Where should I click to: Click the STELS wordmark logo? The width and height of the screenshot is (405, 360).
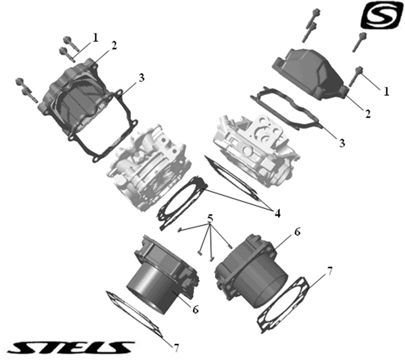pyautogui.click(x=70, y=347)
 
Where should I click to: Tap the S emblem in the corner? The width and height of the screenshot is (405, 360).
pyautogui.click(x=382, y=15)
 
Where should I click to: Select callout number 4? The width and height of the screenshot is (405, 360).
pyautogui.click(x=277, y=214)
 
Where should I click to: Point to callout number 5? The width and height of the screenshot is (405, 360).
pyautogui.click(x=210, y=219)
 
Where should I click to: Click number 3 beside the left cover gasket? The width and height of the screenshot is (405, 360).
pyautogui.click(x=141, y=78)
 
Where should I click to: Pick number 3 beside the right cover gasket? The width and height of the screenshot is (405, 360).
pyautogui.click(x=342, y=143)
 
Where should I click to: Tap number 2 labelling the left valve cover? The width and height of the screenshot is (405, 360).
pyautogui.click(x=114, y=45)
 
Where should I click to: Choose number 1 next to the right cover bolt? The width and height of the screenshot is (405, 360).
pyautogui.click(x=386, y=91)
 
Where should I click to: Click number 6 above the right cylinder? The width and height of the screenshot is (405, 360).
pyautogui.click(x=297, y=232)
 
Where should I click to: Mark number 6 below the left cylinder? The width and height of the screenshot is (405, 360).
pyautogui.click(x=195, y=309)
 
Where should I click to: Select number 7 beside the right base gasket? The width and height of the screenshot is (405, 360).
pyautogui.click(x=329, y=271)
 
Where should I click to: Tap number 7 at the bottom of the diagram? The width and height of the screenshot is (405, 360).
pyautogui.click(x=176, y=348)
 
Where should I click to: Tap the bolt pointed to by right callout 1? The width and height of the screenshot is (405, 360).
pyautogui.click(x=356, y=76)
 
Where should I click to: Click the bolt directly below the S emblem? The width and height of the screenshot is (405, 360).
pyautogui.click(x=359, y=43)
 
